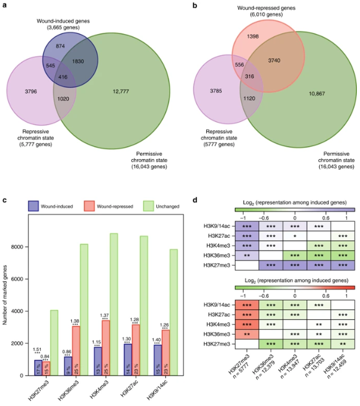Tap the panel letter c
pos(5,200)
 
